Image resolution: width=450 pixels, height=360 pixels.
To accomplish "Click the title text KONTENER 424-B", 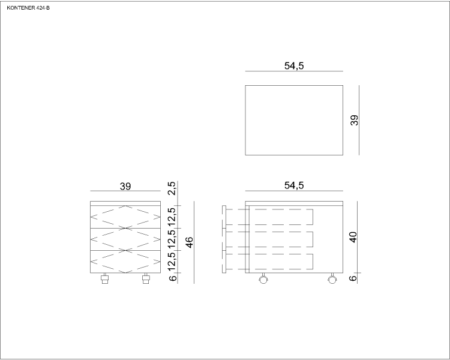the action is (28, 8).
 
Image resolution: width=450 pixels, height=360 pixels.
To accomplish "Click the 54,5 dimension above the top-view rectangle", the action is (294, 66).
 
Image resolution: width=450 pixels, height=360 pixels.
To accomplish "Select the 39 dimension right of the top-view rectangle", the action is (355, 120).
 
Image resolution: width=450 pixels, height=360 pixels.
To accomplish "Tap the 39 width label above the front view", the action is (125, 187).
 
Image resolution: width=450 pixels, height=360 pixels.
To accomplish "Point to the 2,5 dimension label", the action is (172, 188).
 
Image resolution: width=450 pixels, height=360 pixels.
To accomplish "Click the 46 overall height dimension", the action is (189, 242).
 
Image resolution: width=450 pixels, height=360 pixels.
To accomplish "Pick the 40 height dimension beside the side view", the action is (353, 237).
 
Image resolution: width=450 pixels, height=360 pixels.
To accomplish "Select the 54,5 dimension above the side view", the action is (294, 185).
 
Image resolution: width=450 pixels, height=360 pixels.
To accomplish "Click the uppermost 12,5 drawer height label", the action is (172, 217).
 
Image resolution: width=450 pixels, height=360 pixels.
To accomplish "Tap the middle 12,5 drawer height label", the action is (172, 239).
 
